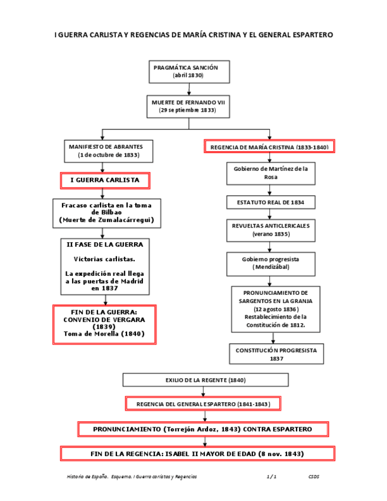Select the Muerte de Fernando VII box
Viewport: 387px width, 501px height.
pos(188,106)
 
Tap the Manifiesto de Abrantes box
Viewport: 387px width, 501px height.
pos(109,151)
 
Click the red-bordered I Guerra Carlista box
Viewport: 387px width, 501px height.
pos(105,180)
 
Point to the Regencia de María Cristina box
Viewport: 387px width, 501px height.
pos(269,147)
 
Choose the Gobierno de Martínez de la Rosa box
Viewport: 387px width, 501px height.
pos(271,173)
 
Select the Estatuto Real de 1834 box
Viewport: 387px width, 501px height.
pos(271,203)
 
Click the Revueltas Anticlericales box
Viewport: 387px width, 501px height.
pos(271,230)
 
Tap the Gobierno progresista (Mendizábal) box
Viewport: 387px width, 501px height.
pos(271,263)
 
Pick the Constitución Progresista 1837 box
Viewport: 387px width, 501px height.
pos(276,354)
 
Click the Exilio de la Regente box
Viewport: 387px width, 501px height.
pos(205,380)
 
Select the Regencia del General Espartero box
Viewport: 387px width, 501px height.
pos(203,404)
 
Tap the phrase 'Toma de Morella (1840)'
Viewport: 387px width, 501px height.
pos(104,334)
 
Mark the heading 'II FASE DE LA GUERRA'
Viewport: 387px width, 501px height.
pos(105,244)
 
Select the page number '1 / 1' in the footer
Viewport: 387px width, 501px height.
pos(272,476)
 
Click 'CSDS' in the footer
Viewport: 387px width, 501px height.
pos(313,476)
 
